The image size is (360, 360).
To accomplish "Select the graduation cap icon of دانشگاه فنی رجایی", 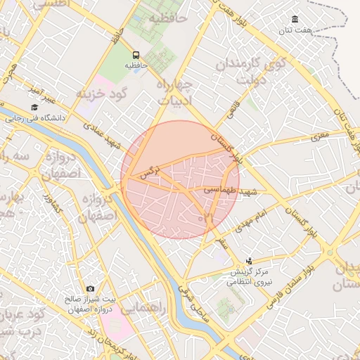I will tap(34, 108).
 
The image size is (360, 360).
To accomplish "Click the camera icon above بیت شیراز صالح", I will tap(90, 289).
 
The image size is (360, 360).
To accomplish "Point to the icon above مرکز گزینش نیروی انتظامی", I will tap(247, 261).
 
